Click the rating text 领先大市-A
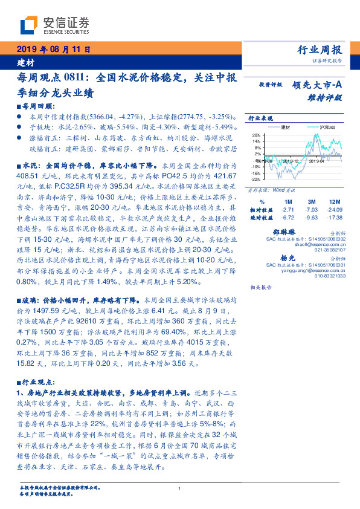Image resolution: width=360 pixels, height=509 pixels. (x=316, y=85)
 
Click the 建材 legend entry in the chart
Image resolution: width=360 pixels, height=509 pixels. (x=286, y=128)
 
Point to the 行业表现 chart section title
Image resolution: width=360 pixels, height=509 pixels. (x=259, y=118)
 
